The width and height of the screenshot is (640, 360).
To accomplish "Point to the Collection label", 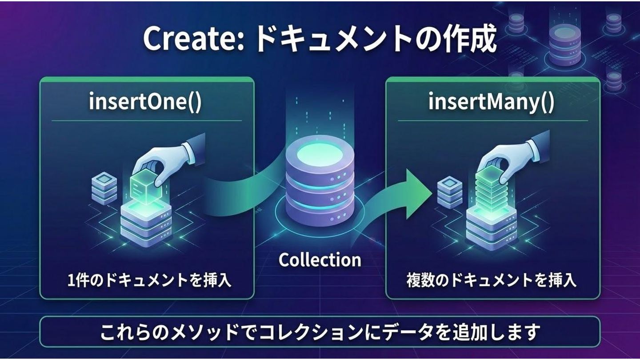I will [x=320, y=260].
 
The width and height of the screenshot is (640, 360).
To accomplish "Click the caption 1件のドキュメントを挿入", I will [x=149, y=280].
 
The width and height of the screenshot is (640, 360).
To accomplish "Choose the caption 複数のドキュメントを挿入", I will [x=492, y=280].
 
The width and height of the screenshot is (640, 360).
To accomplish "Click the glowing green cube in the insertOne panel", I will [x=146, y=188].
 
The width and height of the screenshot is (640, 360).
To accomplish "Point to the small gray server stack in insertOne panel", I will [x=104, y=189].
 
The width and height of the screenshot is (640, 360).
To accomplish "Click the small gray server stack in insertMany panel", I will [x=450, y=192].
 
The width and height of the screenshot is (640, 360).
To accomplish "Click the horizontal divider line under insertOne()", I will [x=147, y=120].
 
